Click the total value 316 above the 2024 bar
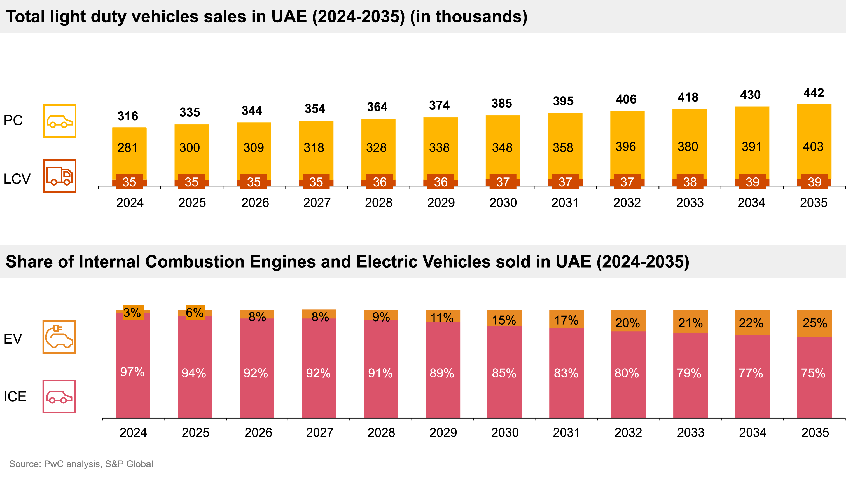point(128,116)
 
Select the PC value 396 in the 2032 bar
point(626,147)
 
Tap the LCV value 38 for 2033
point(690,182)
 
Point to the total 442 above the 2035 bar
point(814,93)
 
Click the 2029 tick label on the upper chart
point(441,203)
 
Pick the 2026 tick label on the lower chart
point(258,432)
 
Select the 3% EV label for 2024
point(132,313)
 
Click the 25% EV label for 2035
point(815,323)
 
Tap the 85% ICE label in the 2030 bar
point(504,373)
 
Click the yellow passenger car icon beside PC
point(59,121)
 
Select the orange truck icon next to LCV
point(59,176)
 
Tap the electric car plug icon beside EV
point(59,337)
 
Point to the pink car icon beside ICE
point(59,396)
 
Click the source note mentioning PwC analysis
point(81,464)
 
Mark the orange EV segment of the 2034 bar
point(752,322)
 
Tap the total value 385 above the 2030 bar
point(501,104)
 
